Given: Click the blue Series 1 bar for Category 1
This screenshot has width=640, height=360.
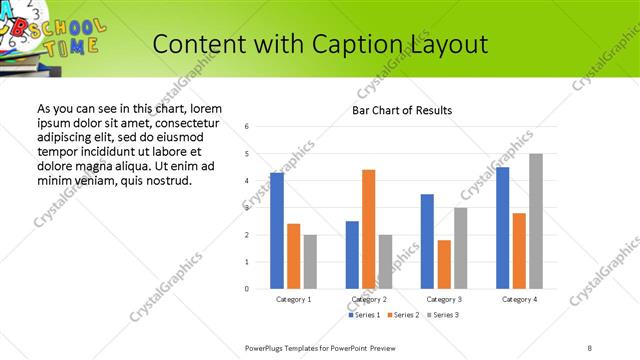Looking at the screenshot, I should point(277,231).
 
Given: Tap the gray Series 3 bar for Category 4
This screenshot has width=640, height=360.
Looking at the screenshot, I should point(536,221).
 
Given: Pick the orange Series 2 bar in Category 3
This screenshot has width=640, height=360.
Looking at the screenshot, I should point(443,264).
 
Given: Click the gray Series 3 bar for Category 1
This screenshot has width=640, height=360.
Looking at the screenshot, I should point(310,262).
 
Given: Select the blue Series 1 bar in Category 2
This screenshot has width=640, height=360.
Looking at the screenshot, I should point(352,255).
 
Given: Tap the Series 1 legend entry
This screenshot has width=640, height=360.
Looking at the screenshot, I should point(363,315).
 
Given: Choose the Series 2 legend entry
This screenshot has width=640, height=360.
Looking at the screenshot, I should point(403,315).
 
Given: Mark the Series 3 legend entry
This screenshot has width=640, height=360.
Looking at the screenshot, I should point(443,315).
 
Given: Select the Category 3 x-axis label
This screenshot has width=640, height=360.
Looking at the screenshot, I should point(443,299).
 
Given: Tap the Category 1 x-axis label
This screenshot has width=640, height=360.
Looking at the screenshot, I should point(293,299).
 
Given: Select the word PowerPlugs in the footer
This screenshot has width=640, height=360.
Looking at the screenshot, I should point(266,346).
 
